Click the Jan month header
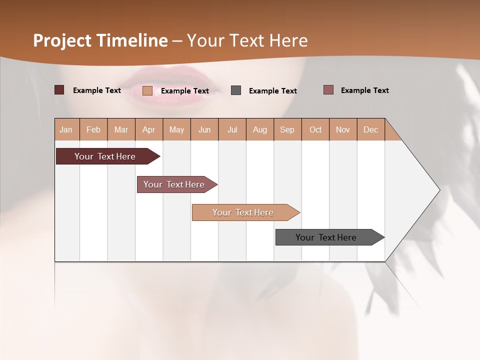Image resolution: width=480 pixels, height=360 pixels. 66,130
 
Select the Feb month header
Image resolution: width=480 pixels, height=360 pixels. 93,130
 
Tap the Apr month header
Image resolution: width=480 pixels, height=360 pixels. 148,130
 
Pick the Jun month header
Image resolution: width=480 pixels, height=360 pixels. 204,130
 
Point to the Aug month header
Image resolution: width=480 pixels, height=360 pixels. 259,130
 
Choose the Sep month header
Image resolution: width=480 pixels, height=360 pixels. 287,130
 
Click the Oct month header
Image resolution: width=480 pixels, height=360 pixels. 315,130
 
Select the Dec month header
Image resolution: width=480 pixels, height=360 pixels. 370,130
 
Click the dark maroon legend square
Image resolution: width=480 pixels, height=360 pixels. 59,90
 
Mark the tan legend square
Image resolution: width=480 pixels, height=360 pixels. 147,90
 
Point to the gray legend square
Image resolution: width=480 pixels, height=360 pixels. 236,90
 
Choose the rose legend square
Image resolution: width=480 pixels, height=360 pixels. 328,90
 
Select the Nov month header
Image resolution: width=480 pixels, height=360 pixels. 343,130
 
